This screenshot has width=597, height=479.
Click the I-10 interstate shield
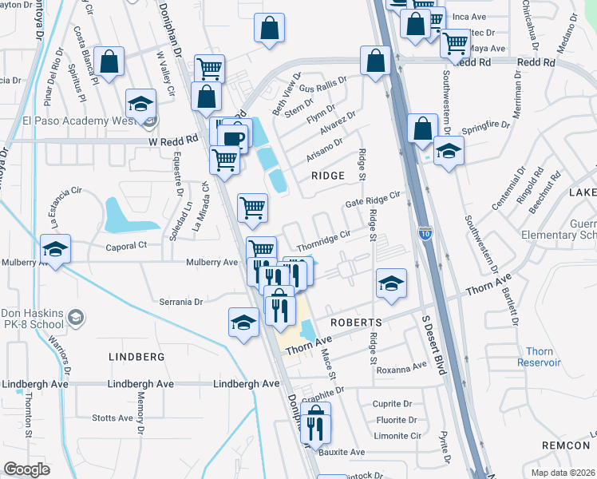tap(425, 233)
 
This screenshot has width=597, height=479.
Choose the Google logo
tap(27, 469)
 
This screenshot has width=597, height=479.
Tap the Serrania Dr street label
tap(181, 302)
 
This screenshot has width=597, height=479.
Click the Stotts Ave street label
tap(113, 418)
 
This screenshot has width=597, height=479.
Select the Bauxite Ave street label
tap(342, 452)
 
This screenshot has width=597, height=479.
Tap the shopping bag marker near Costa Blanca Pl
tap(109, 61)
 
